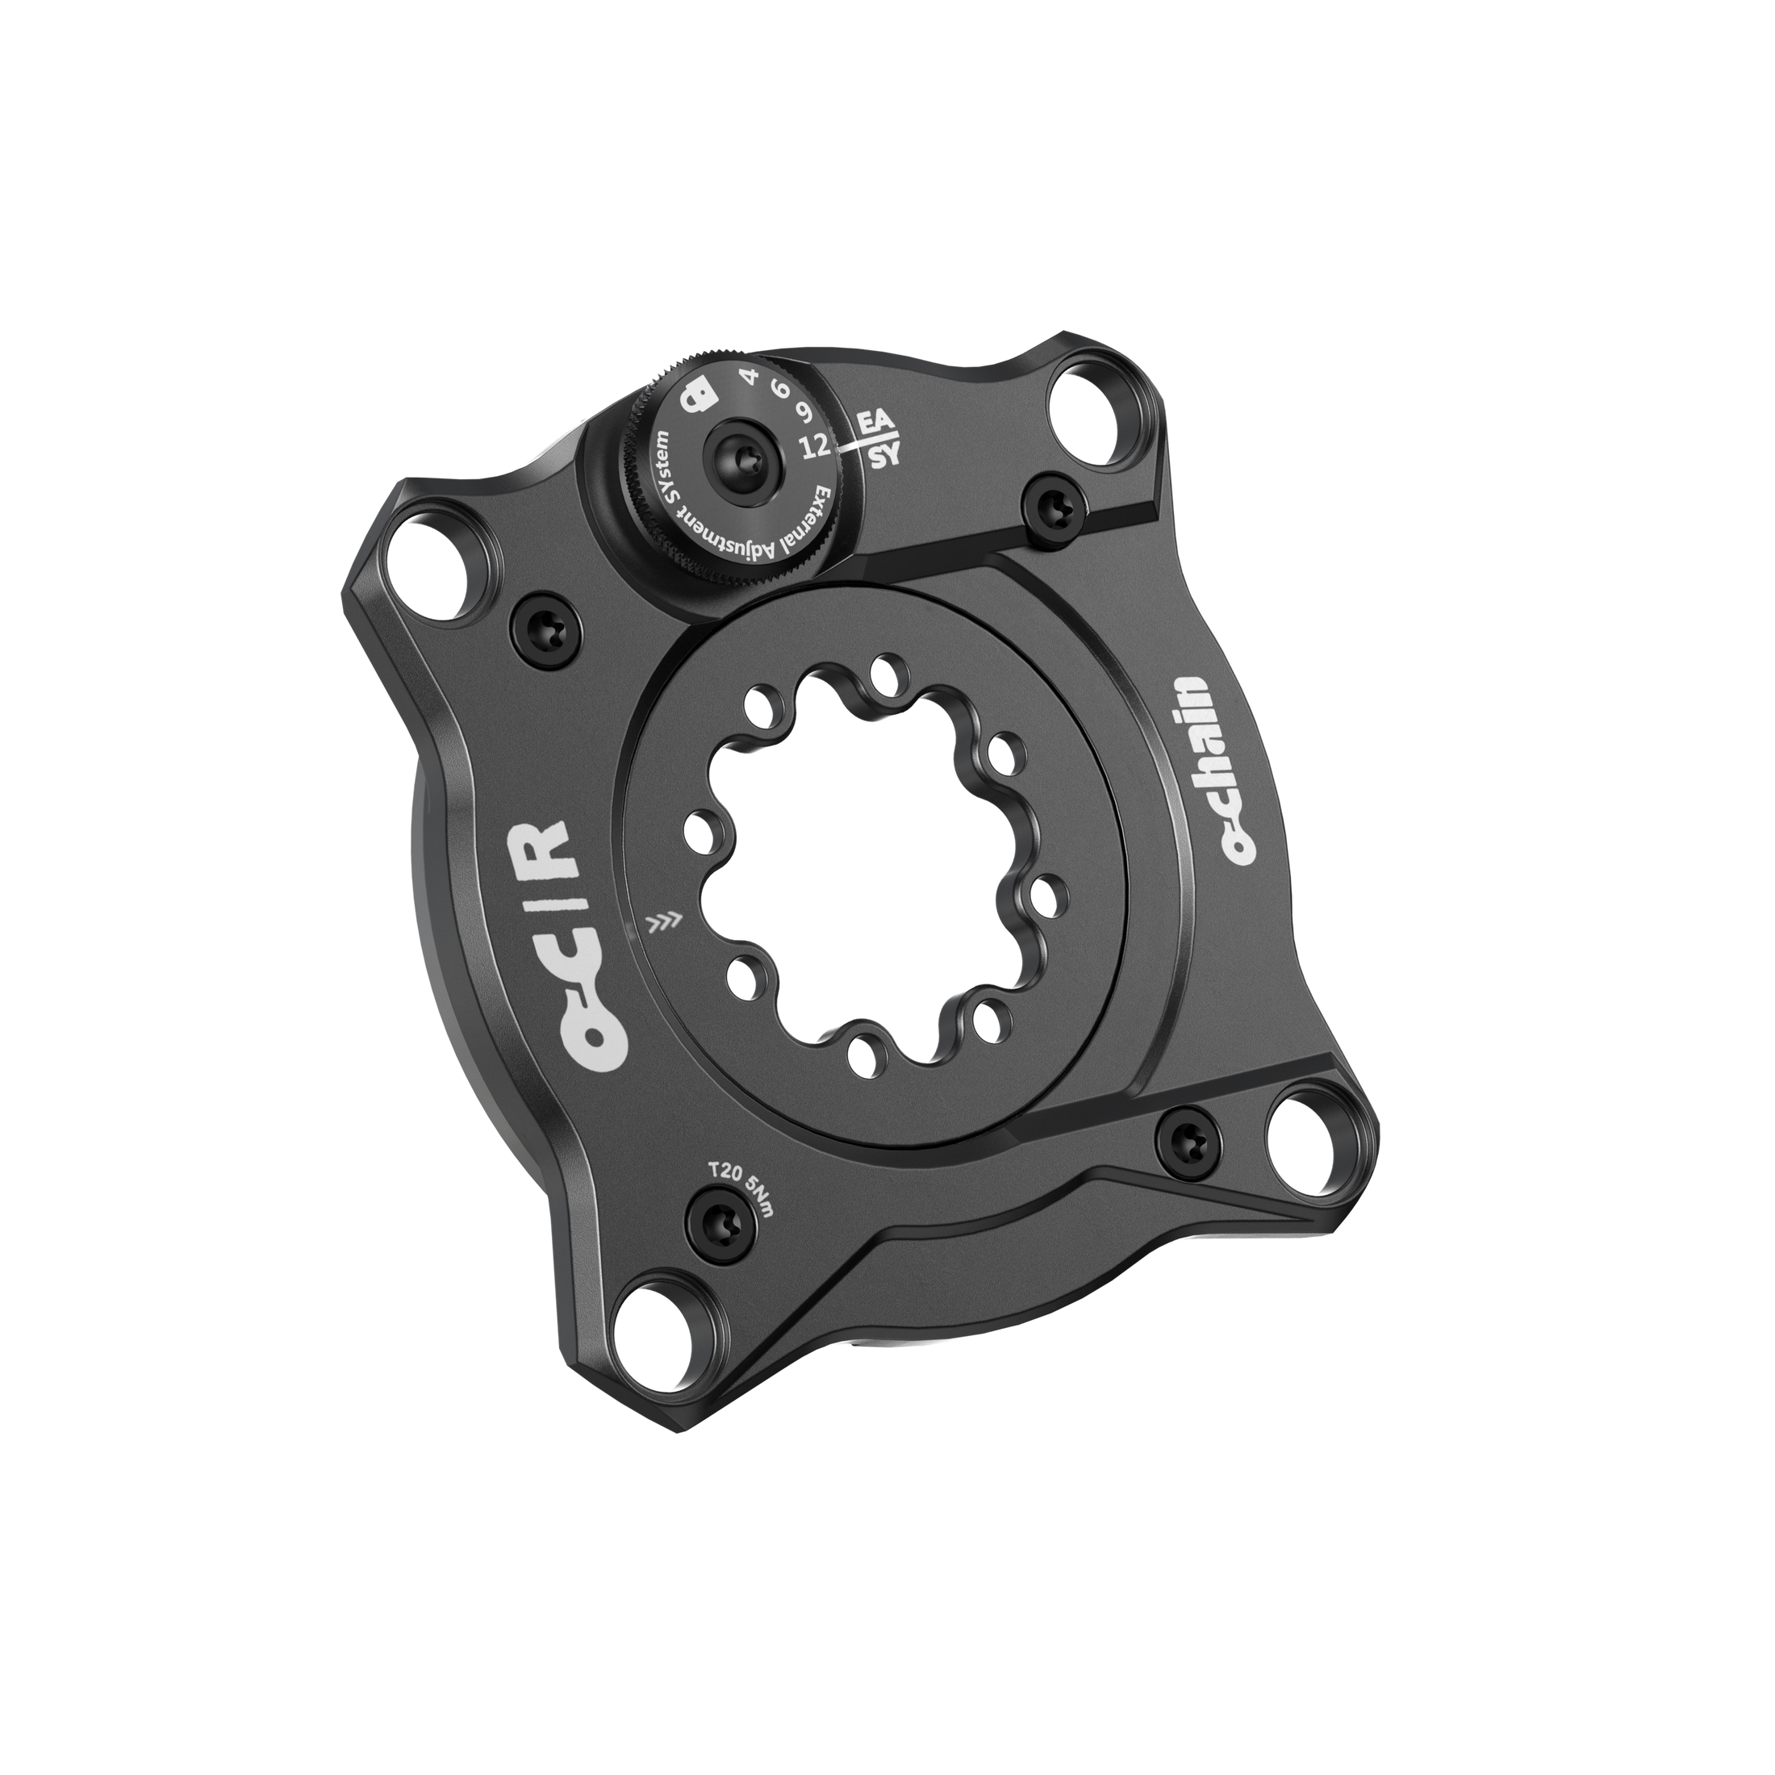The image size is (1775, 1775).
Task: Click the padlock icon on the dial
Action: point(697,397)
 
